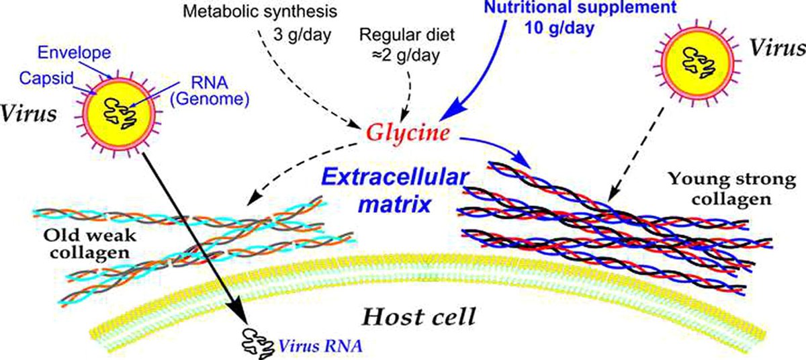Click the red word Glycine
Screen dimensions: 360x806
click(407, 134)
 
